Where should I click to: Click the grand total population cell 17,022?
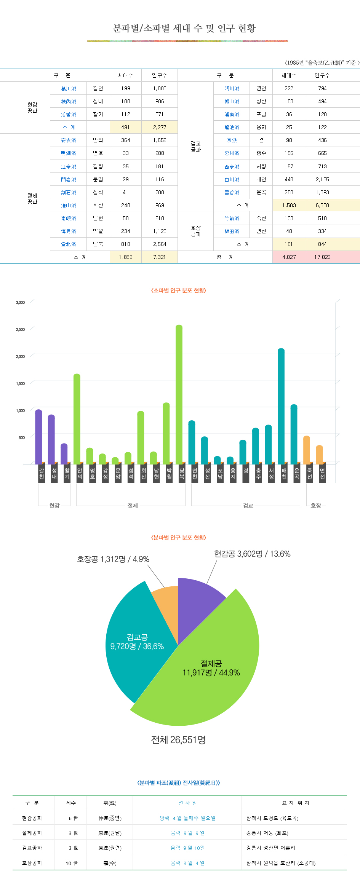(x=322, y=257)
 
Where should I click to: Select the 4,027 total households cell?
(x=289, y=257)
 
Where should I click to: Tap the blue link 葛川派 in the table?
(x=69, y=88)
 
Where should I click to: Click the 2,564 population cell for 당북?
(x=160, y=244)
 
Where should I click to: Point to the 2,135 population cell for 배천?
(x=322, y=179)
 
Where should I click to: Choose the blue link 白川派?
(x=232, y=179)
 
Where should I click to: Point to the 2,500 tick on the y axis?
(x=20, y=329)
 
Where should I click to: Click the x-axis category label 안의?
(x=80, y=473)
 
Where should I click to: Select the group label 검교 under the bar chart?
(x=248, y=506)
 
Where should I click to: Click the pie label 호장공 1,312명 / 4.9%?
(x=113, y=559)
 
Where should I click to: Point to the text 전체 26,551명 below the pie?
(x=178, y=740)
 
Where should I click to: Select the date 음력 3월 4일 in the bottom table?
(x=187, y=863)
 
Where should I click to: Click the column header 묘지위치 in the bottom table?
(x=295, y=803)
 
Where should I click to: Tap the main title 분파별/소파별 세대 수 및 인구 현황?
(x=184, y=28)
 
